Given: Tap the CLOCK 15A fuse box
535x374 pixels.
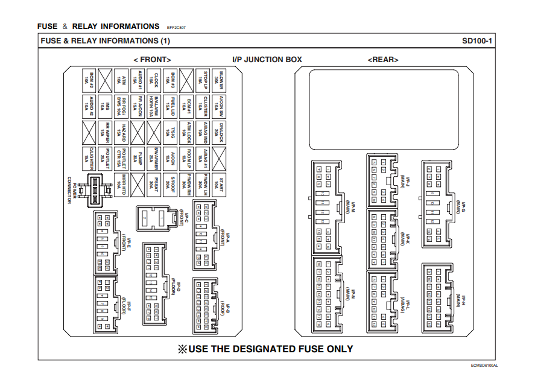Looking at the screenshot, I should coord(156,79).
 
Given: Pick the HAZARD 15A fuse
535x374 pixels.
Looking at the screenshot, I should coord(123,131).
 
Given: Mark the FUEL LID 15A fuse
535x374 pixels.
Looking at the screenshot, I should coord(172,105).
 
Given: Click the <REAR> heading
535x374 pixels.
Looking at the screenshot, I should coord(382,60).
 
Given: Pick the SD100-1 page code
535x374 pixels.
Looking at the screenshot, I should coord(478,41).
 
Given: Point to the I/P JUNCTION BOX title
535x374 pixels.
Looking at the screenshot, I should coord(267,60).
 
